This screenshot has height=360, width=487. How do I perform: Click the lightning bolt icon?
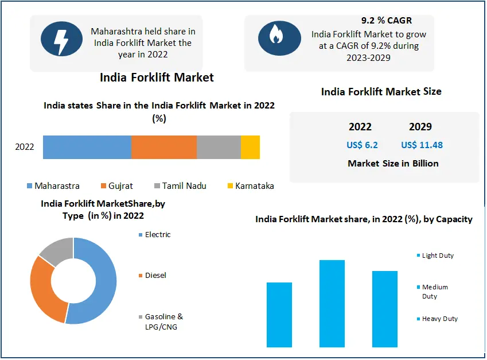[x=62, y=39]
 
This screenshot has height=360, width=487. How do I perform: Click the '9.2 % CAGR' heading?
[x=387, y=21]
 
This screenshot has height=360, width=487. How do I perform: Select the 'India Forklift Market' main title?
[x=157, y=77]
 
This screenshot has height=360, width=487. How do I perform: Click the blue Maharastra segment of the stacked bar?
[x=87, y=147]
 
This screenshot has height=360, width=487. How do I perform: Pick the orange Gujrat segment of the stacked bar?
[x=164, y=147]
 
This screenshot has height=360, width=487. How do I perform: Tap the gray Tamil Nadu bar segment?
[x=219, y=147]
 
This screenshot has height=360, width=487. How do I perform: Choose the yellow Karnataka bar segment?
[x=250, y=147]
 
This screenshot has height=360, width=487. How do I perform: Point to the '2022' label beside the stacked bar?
[x=25, y=147]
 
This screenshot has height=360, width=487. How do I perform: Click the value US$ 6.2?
[x=362, y=145]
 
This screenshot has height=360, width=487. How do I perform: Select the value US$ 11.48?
[x=422, y=145]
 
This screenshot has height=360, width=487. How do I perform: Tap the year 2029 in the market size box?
[x=420, y=127]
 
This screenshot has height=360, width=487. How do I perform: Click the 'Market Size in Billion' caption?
[x=393, y=164]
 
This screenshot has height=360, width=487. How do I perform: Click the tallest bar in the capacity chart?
[x=332, y=304]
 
